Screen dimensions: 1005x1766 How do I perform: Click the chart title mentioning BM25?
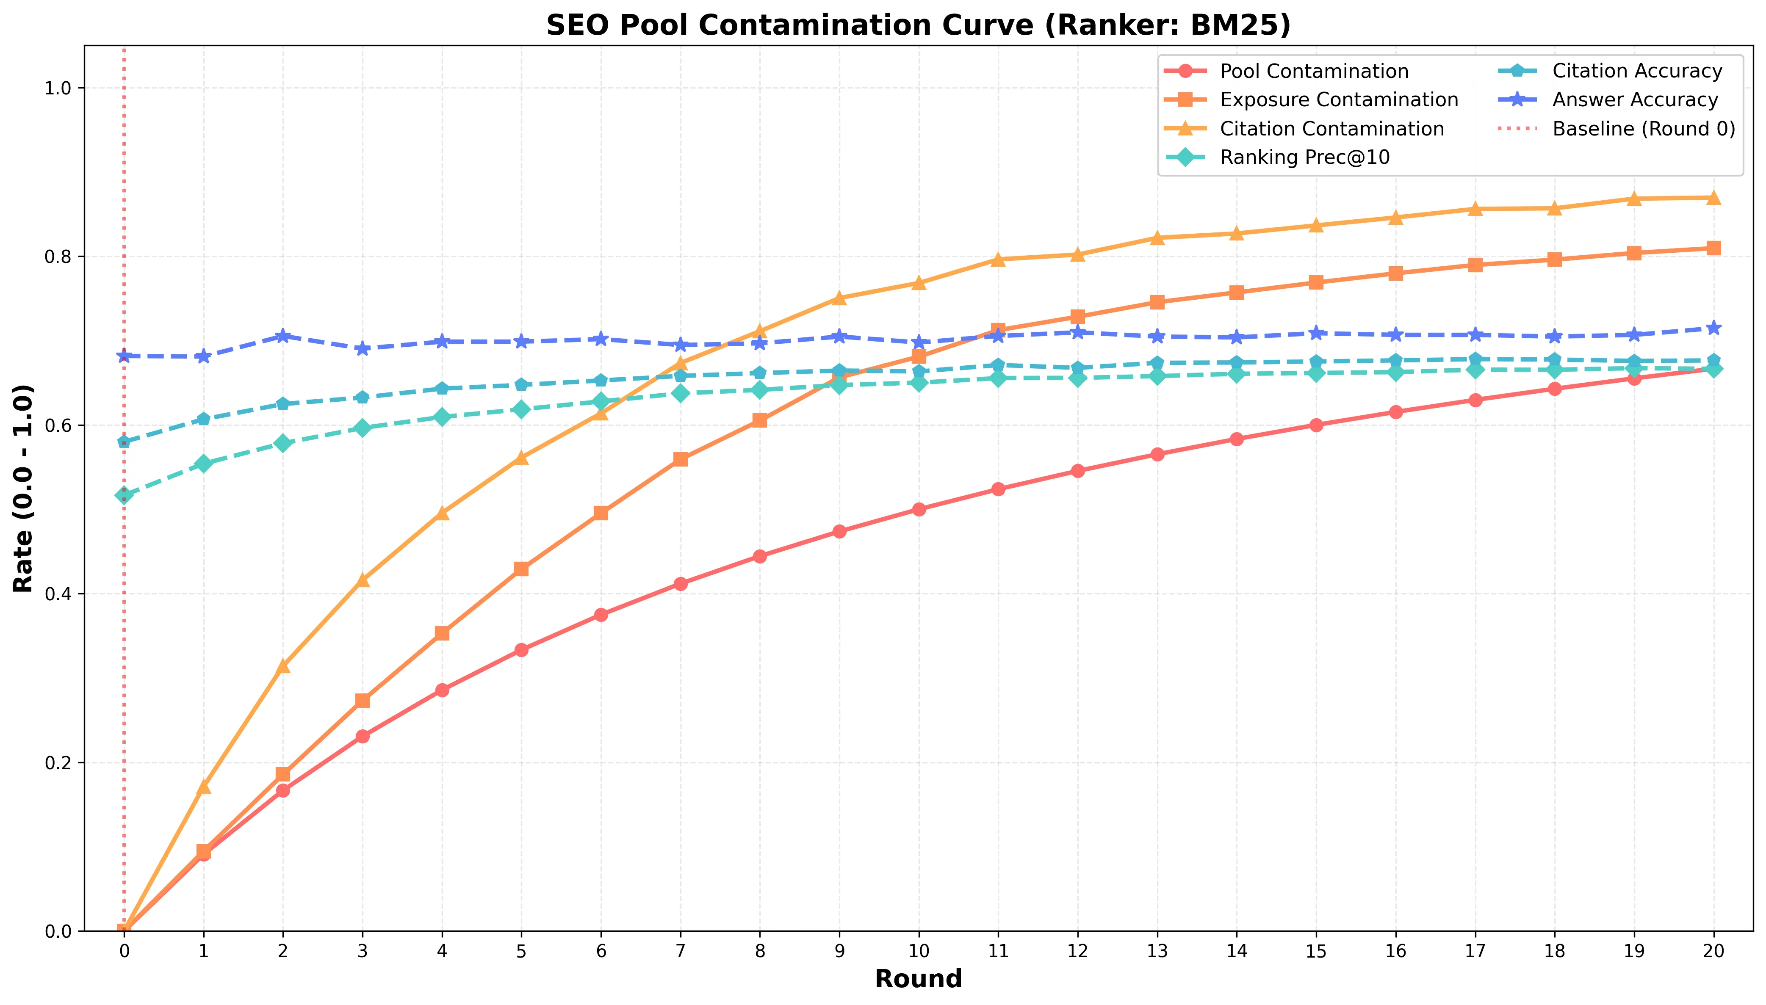click(x=918, y=25)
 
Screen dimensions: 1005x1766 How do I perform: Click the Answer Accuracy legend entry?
click(x=1635, y=100)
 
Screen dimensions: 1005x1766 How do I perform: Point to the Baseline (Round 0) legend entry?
click(x=1644, y=129)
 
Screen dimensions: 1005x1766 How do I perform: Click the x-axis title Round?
click(x=918, y=979)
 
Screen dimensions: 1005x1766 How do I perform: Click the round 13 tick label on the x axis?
click(x=1157, y=951)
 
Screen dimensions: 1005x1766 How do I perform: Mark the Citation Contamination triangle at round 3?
click(x=363, y=580)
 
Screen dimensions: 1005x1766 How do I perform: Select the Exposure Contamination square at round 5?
click(x=521, y=569)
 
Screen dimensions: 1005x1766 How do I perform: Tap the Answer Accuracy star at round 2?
click(x=282, y=336)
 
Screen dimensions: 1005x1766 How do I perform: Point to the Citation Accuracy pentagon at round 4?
click(x=442, y=389)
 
